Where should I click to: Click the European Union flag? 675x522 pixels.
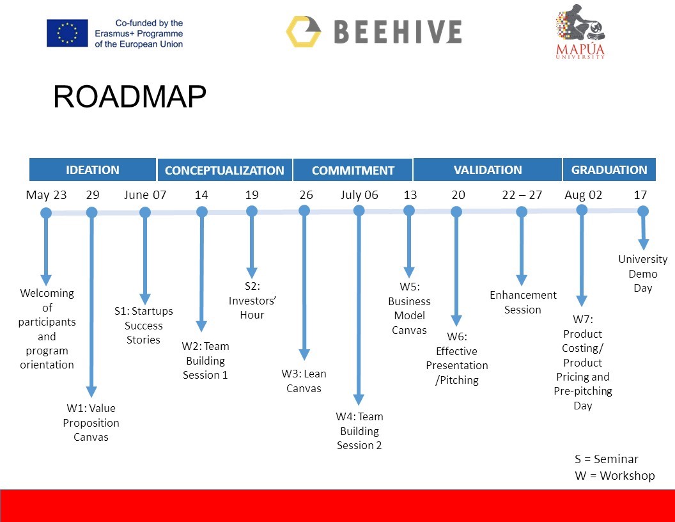(67, 33)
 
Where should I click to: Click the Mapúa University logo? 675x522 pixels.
(580, 31)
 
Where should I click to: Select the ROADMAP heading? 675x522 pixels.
(130, 96)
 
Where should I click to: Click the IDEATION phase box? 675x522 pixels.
(93, 170)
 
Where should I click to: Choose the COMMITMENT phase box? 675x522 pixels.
(353, 170)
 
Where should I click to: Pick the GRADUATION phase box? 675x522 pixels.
(609, 170)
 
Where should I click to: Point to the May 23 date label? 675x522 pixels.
(46, 195)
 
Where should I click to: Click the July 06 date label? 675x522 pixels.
(359, 195)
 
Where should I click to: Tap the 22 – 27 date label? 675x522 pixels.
(522, 195)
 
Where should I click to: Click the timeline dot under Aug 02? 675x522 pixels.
(582, 210)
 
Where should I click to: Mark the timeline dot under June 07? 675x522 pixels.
(145, 212)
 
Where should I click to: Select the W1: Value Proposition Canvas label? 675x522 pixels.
(91, 422)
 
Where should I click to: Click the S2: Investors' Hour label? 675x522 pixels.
(252, 300)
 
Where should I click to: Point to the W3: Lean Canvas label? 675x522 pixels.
(304, 381)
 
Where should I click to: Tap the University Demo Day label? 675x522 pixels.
(642, 274)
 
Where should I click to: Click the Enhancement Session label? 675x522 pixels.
(523, 302)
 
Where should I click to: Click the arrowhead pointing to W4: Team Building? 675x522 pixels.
(359, 399)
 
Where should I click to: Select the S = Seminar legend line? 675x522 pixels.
(606, 459)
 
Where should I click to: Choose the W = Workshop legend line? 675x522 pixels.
(615, 475)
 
